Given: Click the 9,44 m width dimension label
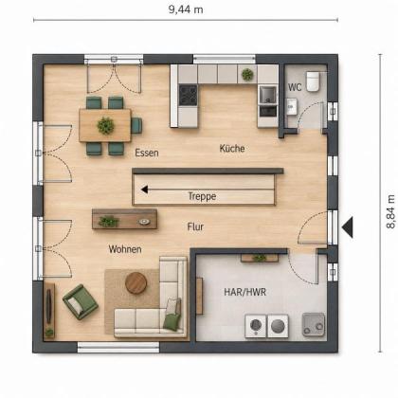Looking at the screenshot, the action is click(x=186, y=9).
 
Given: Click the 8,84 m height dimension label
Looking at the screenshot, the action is click(x=390, y=211).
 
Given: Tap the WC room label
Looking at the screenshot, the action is click(x=295, y=87).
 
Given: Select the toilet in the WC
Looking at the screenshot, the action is click(x=313, y=81).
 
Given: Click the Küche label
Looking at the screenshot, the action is click(x=232, y=148).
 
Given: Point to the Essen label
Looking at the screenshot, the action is click(x=147, y=153).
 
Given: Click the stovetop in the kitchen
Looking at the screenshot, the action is click(x=189, y=95).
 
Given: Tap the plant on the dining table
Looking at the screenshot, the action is click(x=105, y=125).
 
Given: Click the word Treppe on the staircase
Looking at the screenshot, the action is click(x=202, y=196).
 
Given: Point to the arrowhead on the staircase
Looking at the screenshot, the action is click(x=144, y=190).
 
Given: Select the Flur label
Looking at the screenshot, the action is click(x=195, y=226).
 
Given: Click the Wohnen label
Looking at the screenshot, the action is click(x=125, y=249).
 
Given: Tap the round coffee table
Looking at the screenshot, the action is click(x=136, y=283).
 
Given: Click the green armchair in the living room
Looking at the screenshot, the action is click(x=81, y=301).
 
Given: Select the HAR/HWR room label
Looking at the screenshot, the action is click(x=245, y=292).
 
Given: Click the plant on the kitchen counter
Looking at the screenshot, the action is click(x=247, y=75).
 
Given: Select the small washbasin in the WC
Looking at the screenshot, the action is click(x=292, y=106).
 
